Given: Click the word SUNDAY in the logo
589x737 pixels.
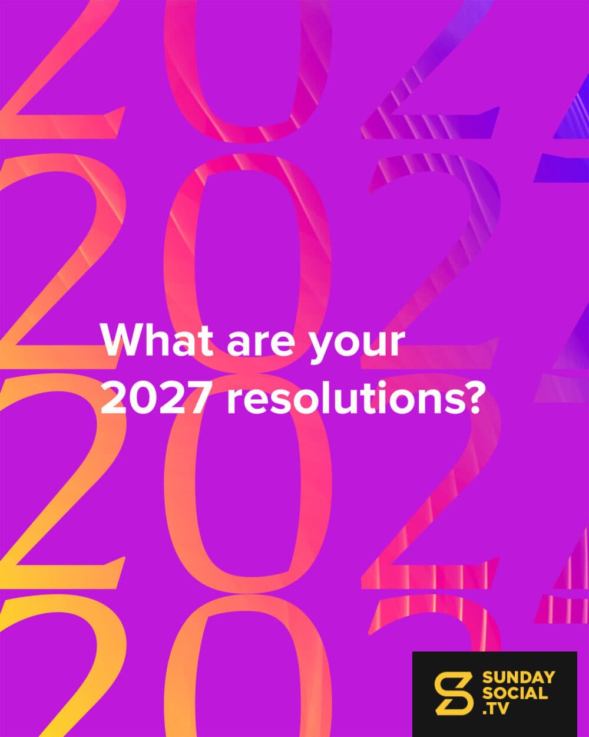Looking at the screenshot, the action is coord(518,677).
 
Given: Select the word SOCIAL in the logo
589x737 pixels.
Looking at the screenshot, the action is coord(515,693).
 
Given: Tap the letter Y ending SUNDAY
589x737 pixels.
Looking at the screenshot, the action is coord(548,677).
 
